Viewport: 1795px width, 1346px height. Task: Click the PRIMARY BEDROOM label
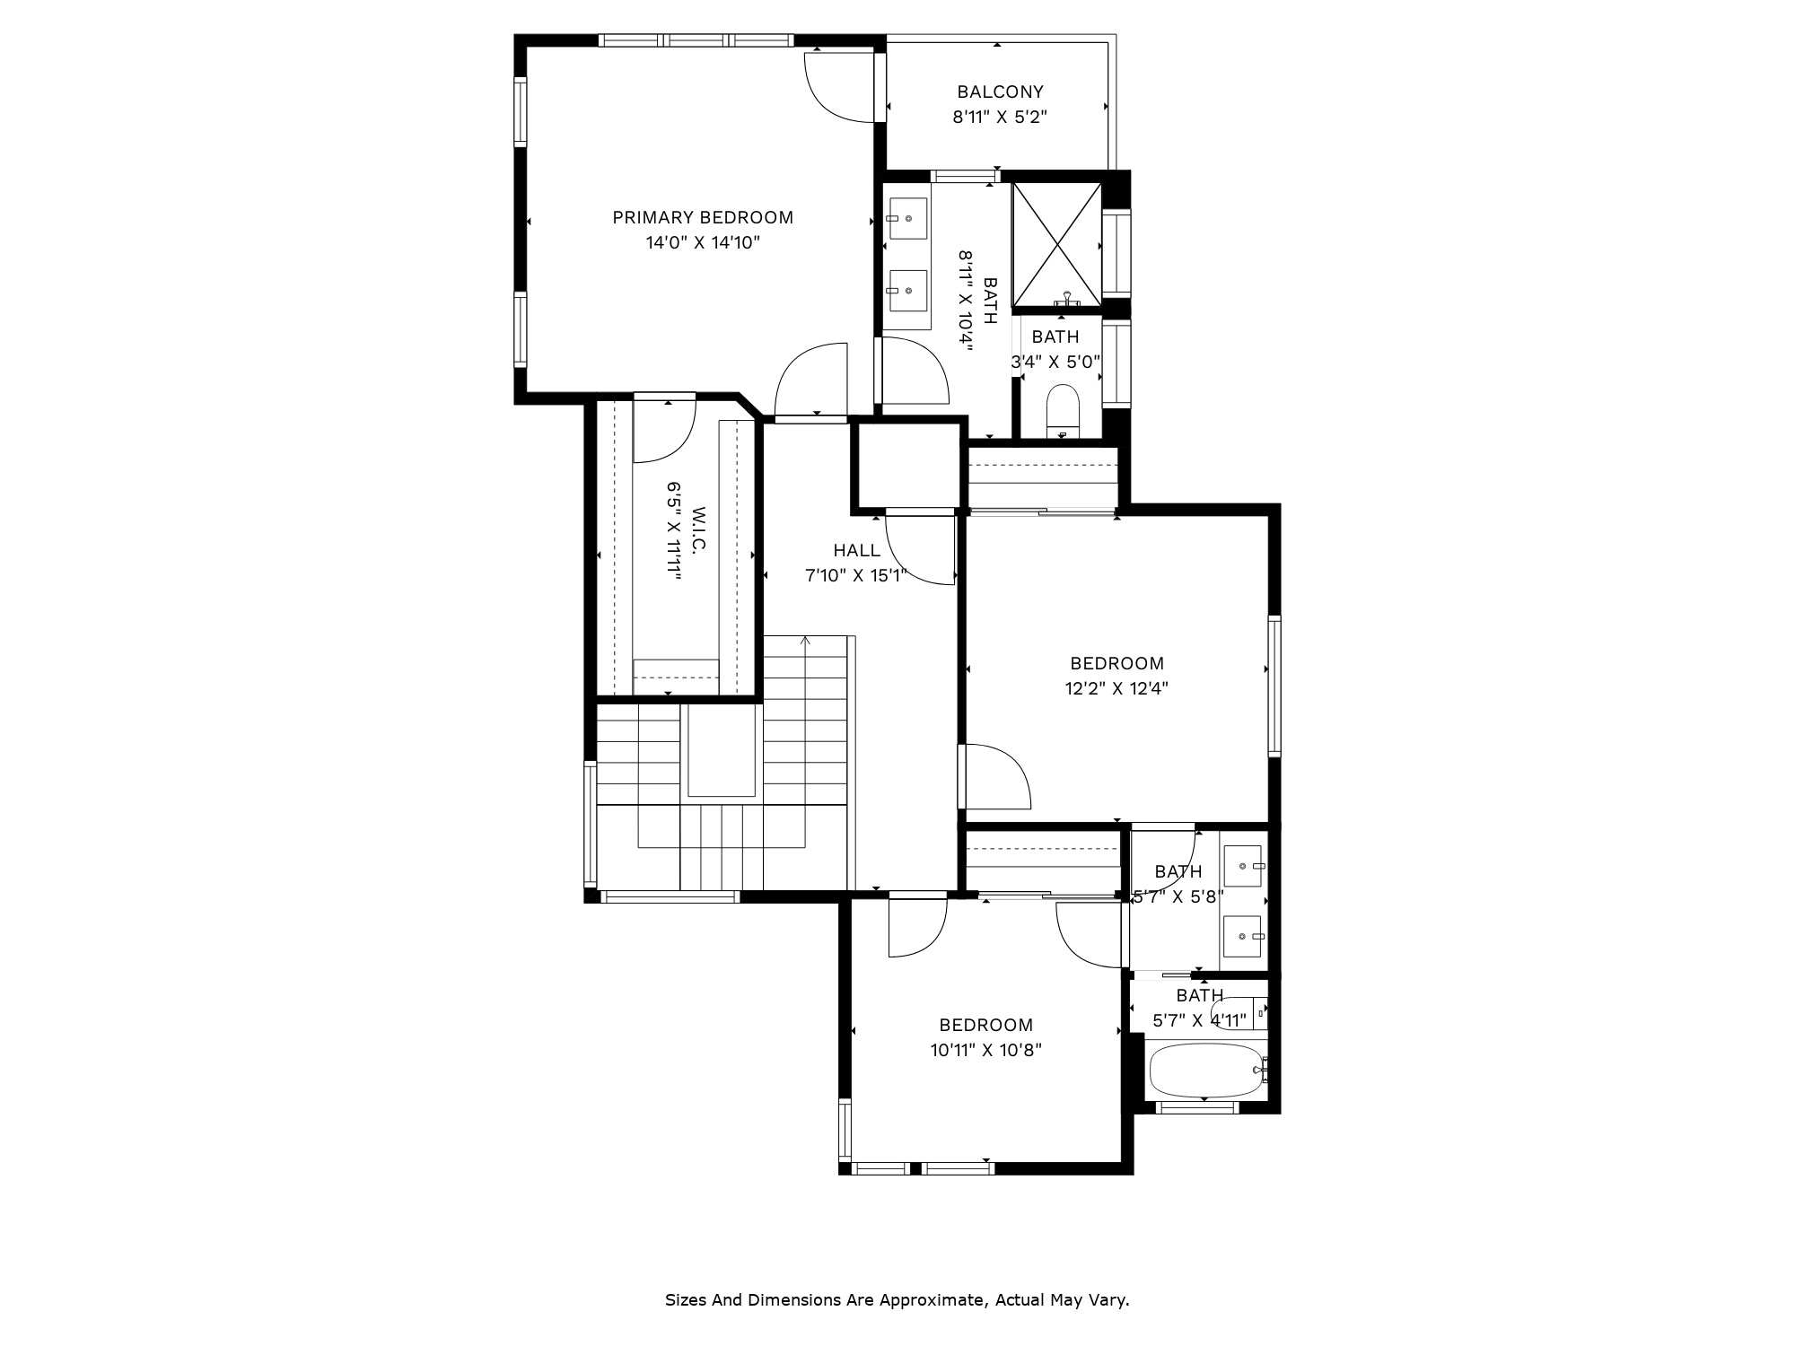(x=703, y=217)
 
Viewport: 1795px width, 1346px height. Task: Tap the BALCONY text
(x=1000, y=92)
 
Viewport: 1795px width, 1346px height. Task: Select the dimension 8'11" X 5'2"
(x=1000, y=117)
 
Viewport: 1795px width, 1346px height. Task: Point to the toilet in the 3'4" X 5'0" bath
(x=1063, y=408)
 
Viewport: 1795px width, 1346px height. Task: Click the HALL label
(x=857, y=550)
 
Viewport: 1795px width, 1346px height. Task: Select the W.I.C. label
(x=699, y=531)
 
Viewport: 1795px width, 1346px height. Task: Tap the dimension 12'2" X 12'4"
(x=1116, y=689)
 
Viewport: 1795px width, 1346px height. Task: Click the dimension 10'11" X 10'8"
(x=985, y=1050)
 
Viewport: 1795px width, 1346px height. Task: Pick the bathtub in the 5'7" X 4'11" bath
(x=1207, y=1070)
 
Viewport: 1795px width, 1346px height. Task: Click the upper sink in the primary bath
(x=906, y=218)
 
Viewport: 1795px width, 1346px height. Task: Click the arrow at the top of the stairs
(x=806, y=641)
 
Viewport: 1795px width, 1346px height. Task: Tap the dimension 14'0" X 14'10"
(x=703, y=242)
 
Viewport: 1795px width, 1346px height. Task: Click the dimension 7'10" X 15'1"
(x=857, y=575)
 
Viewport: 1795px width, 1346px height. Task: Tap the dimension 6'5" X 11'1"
(x=674, y=531)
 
